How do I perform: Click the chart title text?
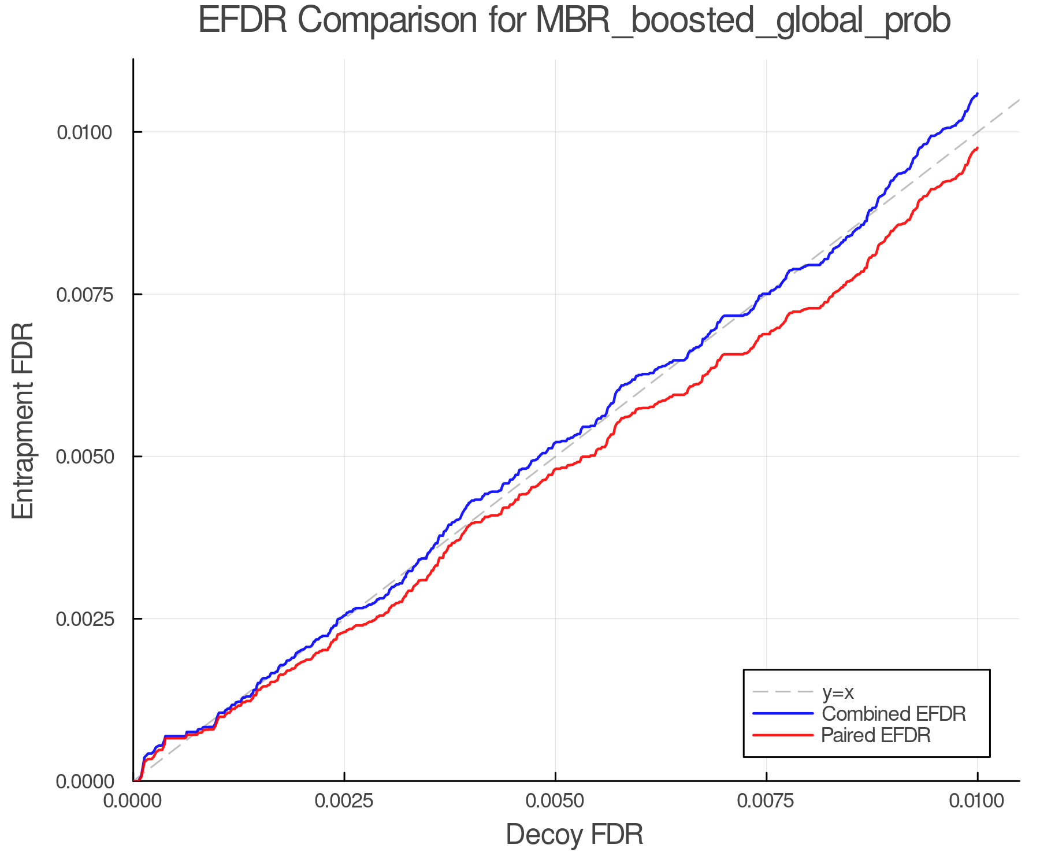(574, 21)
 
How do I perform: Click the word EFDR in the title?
(243, 21)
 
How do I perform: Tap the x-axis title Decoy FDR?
(574, 835)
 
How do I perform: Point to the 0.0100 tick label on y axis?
(84, 132)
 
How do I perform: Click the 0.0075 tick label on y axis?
(84, 295)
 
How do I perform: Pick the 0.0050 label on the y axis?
(84, 457)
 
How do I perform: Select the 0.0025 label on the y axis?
(84, 619)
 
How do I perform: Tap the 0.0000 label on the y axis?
(84, 781)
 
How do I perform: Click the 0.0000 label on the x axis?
(133, 801)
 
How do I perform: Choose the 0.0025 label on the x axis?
(344, 801)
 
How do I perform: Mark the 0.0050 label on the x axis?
(555, 801)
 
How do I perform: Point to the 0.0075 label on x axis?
(766, 801)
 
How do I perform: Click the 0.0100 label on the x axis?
(977, 801)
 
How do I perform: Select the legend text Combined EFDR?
(893, 714)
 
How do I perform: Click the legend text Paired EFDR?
(875, 735)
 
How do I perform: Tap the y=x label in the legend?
(837, 692)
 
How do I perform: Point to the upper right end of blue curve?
(977, 94)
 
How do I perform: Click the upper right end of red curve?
(977, 149)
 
